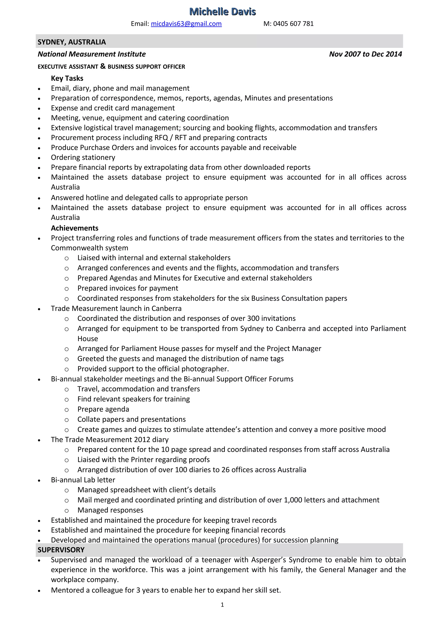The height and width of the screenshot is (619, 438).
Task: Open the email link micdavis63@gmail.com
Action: pyautogui.click(x=186, y=24)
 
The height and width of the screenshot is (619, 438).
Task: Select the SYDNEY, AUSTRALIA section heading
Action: pyautogui.click(x=72, y=42)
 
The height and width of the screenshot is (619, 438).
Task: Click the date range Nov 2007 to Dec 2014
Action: pyautogui.click(x=365, y=54)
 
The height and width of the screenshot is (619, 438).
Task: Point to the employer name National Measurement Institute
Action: pyautogui.click(x=92, y=54)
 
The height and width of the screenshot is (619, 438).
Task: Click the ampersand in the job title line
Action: pyautogui.click(x=103, y=66)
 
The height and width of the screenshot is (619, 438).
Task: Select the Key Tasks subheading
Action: pyautogui.click(x=67, y=78)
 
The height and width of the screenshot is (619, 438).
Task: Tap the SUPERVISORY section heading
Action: pyautogui.click(x=61, y=550)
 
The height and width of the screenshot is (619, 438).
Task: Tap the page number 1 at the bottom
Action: pyautogui.click(x=222, y=605)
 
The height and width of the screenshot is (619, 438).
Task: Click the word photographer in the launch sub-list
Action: pyautogui.click(x=204, y=369)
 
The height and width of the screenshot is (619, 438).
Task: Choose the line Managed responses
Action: pyautogui.click(x=110, y=510)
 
